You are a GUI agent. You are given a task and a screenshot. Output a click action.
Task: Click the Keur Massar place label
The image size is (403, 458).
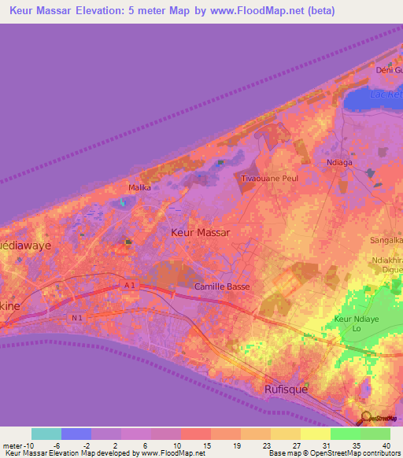(201, 233)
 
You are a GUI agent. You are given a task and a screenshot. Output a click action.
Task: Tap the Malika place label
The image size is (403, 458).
(139, 188)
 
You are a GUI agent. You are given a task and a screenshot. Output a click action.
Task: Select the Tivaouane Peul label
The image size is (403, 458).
(269, 179)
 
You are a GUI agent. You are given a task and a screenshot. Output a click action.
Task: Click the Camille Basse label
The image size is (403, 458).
(223, 286)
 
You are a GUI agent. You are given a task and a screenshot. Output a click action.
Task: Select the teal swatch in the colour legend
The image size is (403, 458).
(46, 433)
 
